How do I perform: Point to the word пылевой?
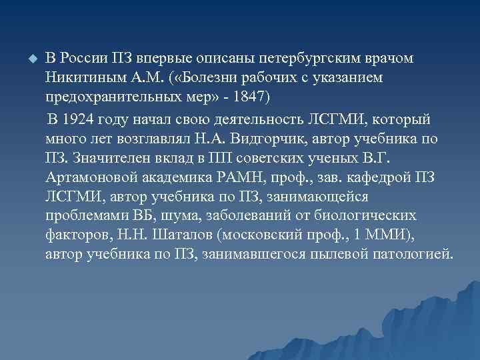(x=339, y=254)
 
